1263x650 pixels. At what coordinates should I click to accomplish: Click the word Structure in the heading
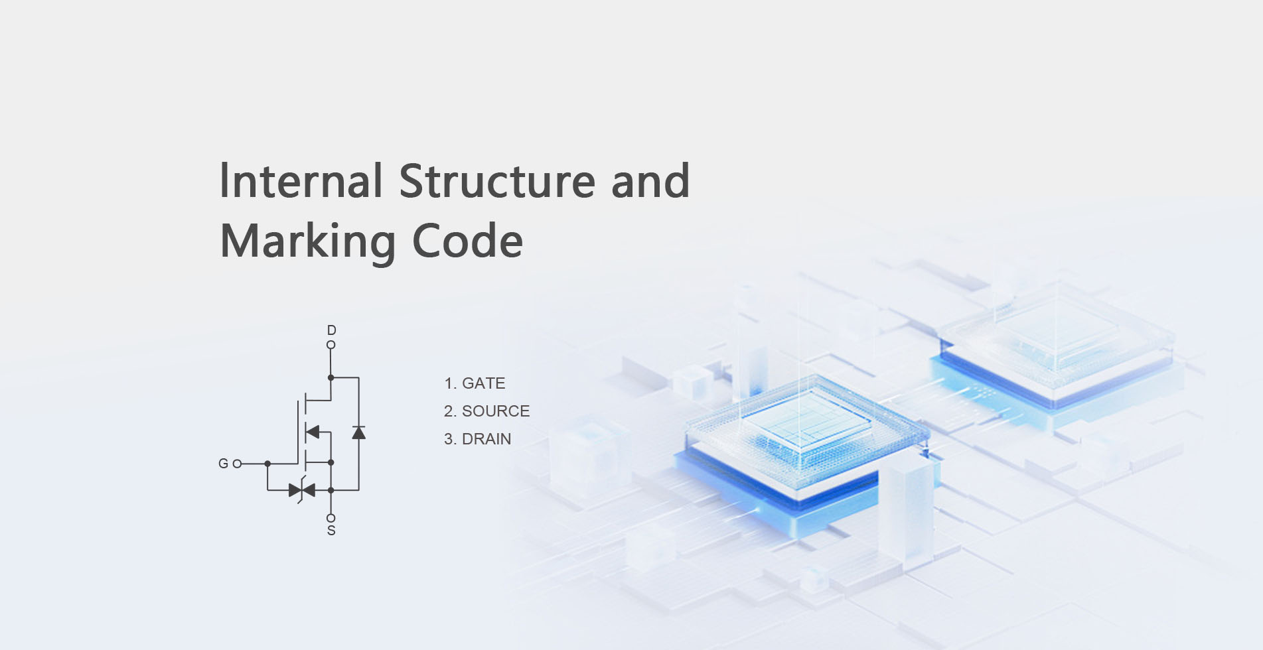[x=497, y=181]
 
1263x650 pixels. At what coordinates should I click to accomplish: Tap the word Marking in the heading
[x=307, y=241]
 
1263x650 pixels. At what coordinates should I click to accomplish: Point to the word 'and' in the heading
[x=650, y=181]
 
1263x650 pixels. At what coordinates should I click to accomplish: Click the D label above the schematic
[x=331, y=330]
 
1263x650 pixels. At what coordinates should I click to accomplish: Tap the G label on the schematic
[x=223, y=464]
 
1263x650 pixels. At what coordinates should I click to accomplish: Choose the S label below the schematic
[x=331, y=531]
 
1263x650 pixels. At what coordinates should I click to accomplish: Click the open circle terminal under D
[x=331, y=345]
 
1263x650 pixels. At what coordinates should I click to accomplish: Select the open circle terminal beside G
[x=237, y=464]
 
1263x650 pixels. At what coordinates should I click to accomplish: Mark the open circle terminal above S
[x=331, y=518]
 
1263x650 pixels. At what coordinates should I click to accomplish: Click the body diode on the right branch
[x=358, y=433]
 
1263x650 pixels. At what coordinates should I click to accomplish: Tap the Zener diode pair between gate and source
[x=302, y=490]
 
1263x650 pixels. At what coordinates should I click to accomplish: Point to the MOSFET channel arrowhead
[x=313, y=432]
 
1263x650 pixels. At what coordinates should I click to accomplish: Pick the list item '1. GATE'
[x=475, y=383]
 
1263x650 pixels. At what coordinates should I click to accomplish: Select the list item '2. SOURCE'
[x=486, y=411]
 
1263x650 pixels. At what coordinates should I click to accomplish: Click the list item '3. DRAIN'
[x=477, y=439]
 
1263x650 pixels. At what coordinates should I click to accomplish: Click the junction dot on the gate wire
[x=267, y=464]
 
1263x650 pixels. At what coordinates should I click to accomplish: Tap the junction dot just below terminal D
[x=331, y=377]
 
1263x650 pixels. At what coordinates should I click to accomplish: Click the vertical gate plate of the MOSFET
[x=298, y=431]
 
